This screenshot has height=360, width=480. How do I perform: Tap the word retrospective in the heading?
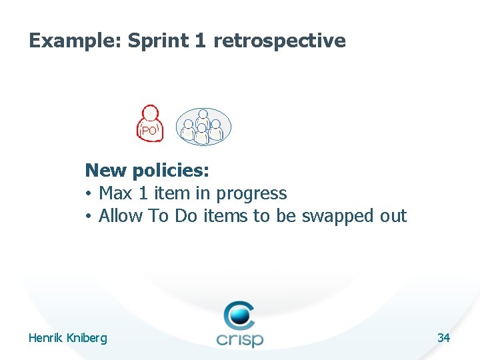(x=279, y=41)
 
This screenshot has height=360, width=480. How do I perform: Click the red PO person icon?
(x=150, y=123)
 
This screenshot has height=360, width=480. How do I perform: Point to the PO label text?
(x=150, y=131)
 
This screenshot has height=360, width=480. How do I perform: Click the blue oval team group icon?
(x=203, y=126)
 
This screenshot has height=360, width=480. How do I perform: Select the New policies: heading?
(x=147, y=171)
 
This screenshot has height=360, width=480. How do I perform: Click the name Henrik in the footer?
(x=45, y=338)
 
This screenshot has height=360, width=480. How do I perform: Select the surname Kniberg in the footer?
(x=86, y=339)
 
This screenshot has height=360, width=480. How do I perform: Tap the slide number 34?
(x=443, y=338)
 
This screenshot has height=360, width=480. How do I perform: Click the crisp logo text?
(x=240, y=337)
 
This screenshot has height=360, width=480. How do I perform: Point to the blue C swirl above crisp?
(x=239, y=313)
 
